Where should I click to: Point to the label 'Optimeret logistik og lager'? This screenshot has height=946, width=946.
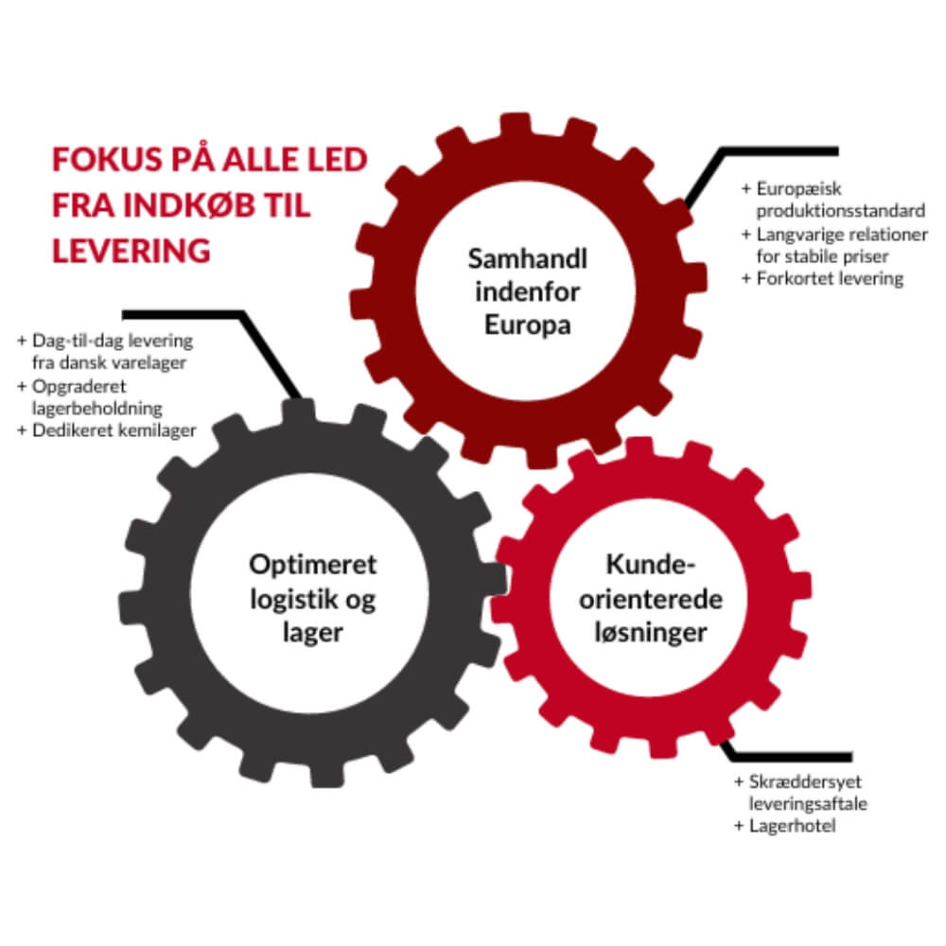pyautogui.click(x=312, y=599)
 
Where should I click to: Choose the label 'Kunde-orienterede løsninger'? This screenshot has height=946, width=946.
pyautogui.click(x=651, y=600)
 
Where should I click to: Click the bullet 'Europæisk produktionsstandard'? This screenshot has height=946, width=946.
pyautogui.click(x=832, y=199)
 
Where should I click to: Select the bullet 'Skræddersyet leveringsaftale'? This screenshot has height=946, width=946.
pyautogui.click(x=799, y=793)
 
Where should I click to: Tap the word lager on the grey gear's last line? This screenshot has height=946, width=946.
pyautogui.click(x=312, y=633)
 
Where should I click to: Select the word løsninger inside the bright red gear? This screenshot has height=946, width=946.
pyautogui.click(x=652, y=633)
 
